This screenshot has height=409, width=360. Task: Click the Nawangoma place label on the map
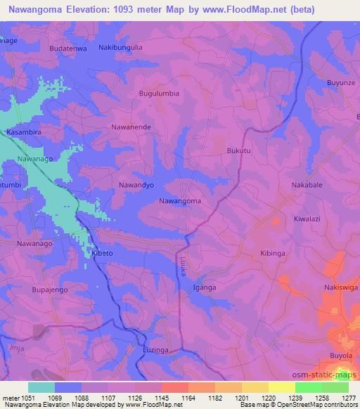coord(180,201)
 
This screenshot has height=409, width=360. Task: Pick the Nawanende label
coord(131,127)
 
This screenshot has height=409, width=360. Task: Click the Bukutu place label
coord(238,150)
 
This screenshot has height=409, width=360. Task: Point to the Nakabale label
coord(306,186)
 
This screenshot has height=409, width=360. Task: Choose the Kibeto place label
coord(102,252)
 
